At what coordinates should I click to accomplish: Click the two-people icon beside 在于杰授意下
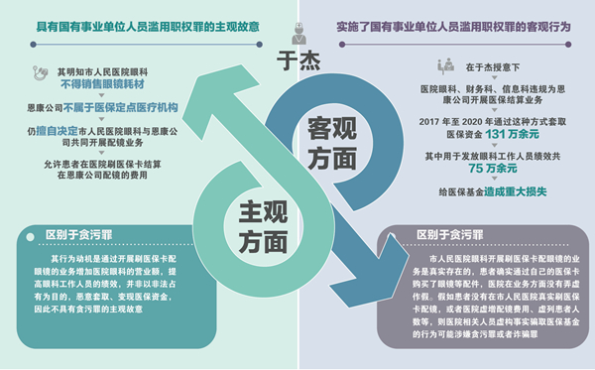[x=444, y=66]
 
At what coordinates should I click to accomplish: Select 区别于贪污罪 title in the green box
[x=84, y=235]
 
